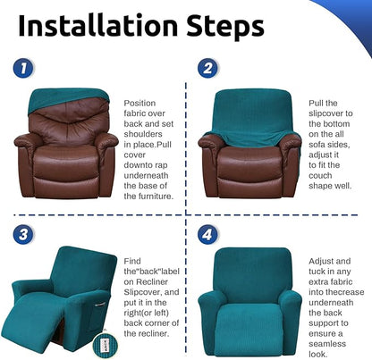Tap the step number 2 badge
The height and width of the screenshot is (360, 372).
point(208,68)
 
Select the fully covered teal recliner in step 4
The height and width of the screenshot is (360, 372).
point(249,304)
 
